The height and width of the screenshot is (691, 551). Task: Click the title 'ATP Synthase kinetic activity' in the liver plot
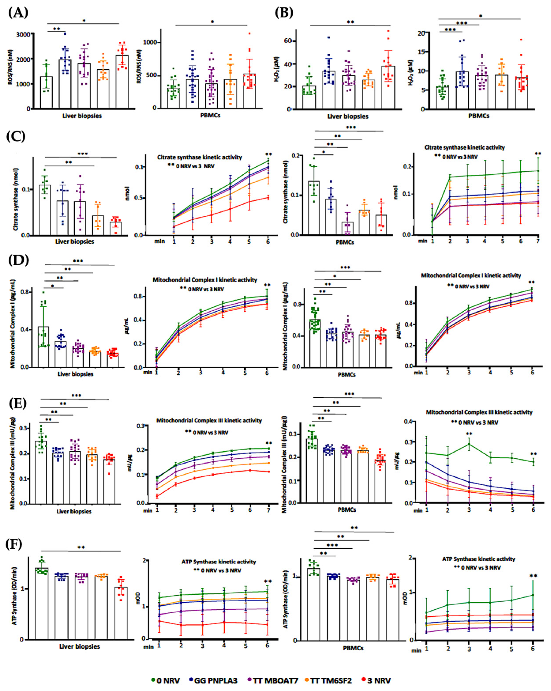click(219, 562)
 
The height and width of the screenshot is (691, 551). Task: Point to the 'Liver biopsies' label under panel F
click(79, 646)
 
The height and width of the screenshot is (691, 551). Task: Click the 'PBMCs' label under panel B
click(478, 116)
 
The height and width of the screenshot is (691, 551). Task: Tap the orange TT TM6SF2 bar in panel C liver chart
click(99, 225)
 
